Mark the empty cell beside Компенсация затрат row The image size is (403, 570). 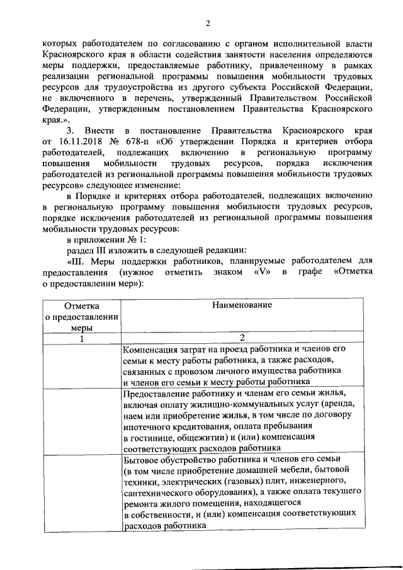(81, 365)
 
